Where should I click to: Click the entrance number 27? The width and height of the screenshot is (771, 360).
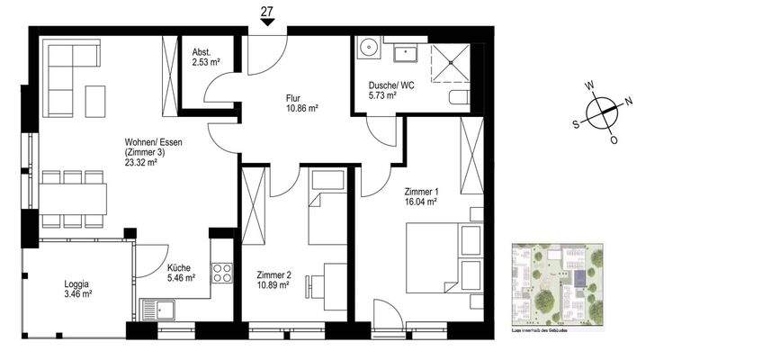click(x=267, y=12)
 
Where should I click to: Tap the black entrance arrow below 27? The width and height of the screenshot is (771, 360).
click(x=267, y=26)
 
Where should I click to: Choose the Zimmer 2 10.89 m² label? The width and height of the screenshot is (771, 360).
click(x=273, y=280)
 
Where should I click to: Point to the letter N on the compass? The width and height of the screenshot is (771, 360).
click(x=628, y=101)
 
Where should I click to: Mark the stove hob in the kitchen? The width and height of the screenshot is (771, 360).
click(x=221, y=269)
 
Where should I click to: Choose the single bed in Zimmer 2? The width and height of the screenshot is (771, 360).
click(x=327, y=207)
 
